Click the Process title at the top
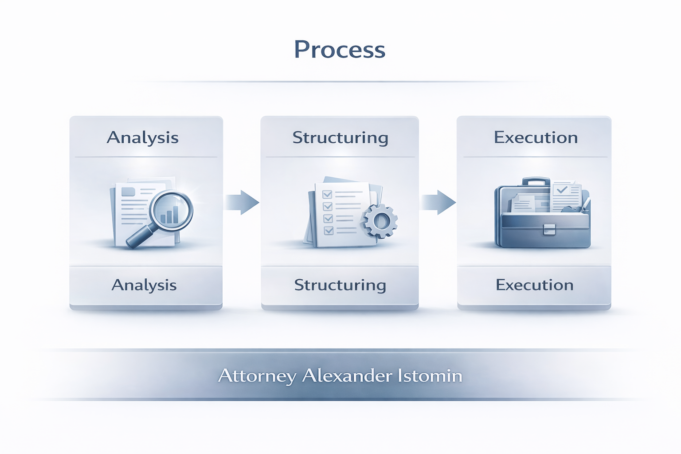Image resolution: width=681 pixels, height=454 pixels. click(340, 50)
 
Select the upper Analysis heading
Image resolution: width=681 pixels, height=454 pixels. click(142, 138)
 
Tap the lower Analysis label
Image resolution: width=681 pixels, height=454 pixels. click(144, 285)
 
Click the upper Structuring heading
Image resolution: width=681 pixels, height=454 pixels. click(340, 138)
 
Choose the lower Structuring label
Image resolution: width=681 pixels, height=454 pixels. click(340, 285)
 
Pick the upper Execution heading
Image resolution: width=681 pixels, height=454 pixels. click(536, 138)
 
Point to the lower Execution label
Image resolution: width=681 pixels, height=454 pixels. click(535, 285)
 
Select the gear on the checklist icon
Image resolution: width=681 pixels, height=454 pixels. click(380, 220)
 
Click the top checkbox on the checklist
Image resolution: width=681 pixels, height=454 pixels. click(327, 194)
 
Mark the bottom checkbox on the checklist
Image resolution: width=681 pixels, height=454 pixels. click(329, 230)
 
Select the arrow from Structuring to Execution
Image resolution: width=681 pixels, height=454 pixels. click(438, 202)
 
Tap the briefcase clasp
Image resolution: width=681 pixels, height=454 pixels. click(549, 229)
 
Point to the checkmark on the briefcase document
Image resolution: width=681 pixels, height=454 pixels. click(562, 190)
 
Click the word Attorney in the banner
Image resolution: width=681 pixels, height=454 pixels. click(257, 376)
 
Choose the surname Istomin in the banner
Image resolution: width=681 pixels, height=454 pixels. click(430, 376)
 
